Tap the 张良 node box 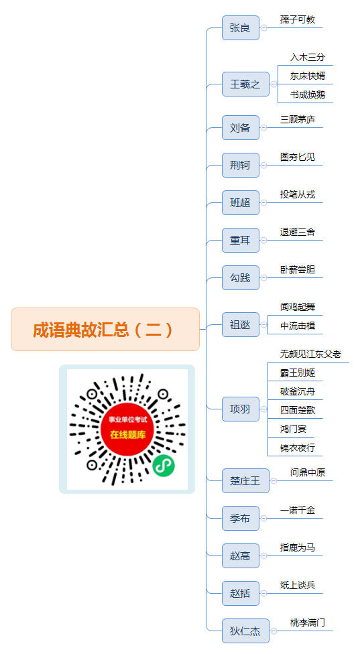(x=240, y=28)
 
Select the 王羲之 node (x=245, y=84)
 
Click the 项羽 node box (x=240, y=409)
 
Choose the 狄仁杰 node (x=245, y=631)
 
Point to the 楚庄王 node (x=245, y=481)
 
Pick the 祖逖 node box (x=240, y=324)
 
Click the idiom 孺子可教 (x=298, y=19)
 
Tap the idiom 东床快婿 (x=308, y=76)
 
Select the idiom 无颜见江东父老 (x=310, y=354)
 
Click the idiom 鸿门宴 (x=293, y=429)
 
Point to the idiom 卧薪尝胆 (x=298, y=270)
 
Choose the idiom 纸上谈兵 (x=298, y=585)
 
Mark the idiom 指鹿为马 (x=298, y=547)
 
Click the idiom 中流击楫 (x=298, y=326)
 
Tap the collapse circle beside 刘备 (x=263, y=127)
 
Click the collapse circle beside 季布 (x=263, y=519)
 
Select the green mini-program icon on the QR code (x=163, y=465)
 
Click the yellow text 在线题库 (x=128, y=435)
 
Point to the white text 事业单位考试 (x=128, y=419)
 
